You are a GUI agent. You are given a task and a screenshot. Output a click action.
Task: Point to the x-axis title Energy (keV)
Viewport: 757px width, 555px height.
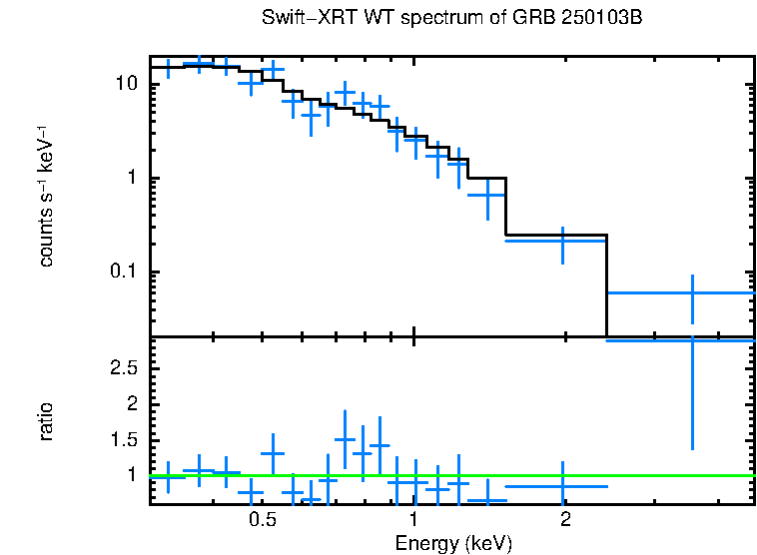(453, 543)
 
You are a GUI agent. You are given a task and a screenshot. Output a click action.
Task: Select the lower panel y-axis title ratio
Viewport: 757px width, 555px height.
(46, 421)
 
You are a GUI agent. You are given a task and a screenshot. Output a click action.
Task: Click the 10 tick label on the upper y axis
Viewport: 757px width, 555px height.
(125, 84)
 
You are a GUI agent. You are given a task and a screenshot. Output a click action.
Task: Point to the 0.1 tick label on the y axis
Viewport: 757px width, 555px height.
(121, 273)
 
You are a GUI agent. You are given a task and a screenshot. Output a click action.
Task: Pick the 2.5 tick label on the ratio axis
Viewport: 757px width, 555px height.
(124, 368)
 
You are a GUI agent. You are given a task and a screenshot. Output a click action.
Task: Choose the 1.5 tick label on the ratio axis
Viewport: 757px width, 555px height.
(124, 440)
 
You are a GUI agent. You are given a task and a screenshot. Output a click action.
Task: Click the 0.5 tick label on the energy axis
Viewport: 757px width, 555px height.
(262, 520)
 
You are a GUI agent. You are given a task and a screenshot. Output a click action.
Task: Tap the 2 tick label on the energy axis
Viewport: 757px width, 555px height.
(565, 520)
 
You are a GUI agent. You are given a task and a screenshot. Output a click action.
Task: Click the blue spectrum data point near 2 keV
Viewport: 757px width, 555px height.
(563, 241)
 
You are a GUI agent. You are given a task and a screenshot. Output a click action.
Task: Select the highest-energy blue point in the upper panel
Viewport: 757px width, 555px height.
(692, 292)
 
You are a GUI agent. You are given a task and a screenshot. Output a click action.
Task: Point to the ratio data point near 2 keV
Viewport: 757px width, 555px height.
(563, 486)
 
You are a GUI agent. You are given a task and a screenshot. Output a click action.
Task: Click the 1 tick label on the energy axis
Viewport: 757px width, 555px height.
(413, 520)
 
